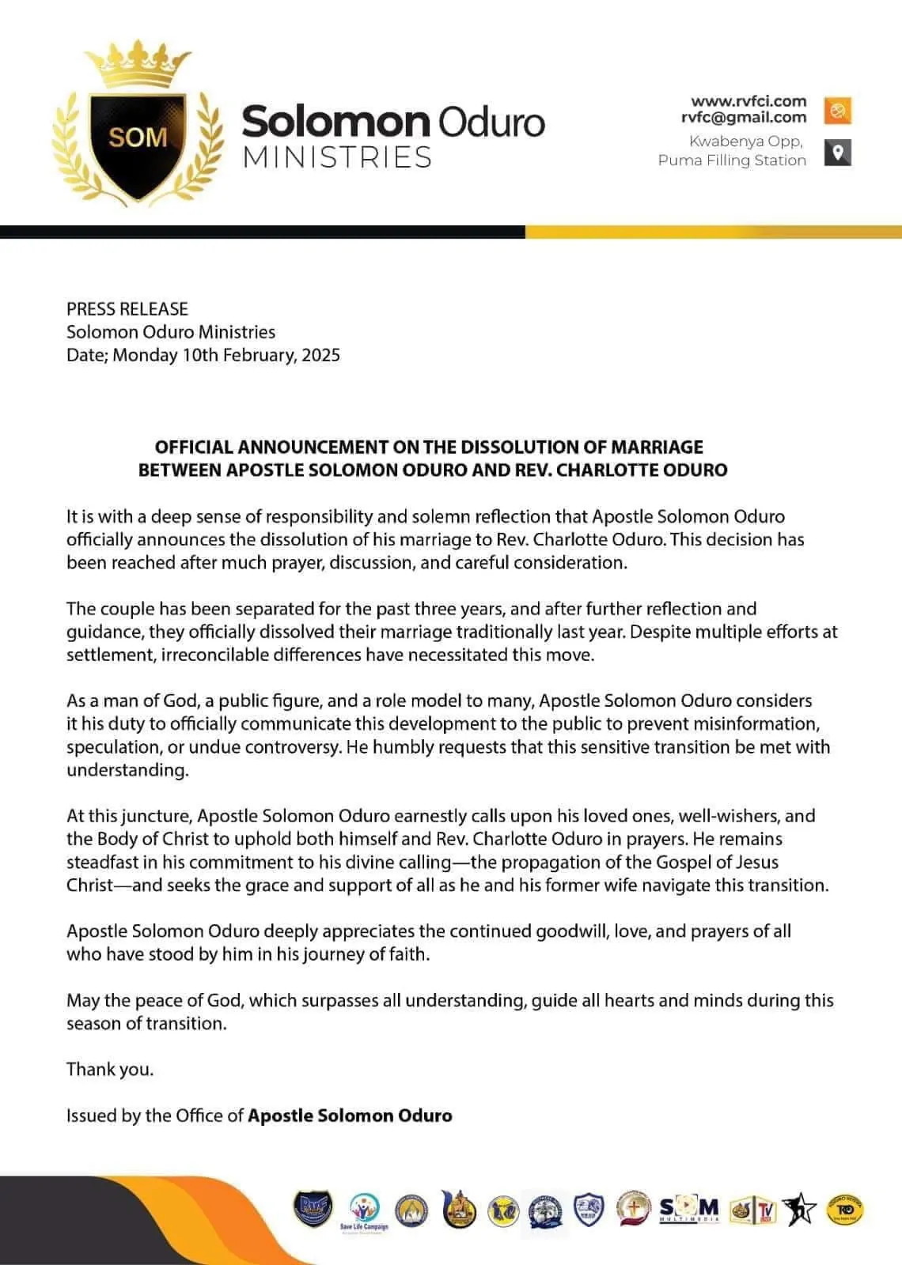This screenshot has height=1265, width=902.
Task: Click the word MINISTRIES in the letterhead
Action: pos(337,157)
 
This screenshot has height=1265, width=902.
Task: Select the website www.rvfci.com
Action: pos(748,101)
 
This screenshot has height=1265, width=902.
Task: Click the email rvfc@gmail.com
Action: pos(744,118)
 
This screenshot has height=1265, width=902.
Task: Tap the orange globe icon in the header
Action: pos(837,110)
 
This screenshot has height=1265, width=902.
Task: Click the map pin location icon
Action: pos(837,152)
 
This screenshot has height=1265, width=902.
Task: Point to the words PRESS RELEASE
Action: pos(127,309)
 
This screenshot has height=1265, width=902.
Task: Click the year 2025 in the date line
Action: pos(320,355)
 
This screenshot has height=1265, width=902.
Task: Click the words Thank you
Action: pos(110,1070)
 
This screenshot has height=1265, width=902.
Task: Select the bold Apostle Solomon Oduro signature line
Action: pos(350,1116)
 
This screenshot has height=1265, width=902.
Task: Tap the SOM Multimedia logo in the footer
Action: pos(689,1209)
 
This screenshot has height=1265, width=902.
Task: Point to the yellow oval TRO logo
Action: pos(844,1210)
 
